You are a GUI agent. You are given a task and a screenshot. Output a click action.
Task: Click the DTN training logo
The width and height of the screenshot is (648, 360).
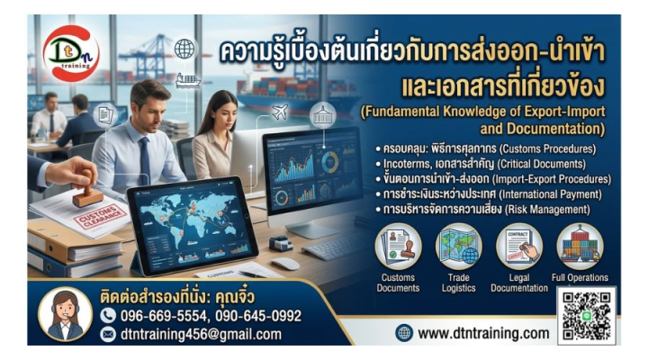71,53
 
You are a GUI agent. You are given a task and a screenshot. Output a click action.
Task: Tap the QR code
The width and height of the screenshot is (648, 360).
587,316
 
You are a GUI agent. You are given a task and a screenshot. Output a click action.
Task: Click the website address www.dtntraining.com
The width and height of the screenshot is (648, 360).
483,333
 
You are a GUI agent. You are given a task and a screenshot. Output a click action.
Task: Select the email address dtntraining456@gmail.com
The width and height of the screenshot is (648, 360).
201,335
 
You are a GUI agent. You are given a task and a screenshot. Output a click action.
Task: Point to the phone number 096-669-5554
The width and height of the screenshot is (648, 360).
164,316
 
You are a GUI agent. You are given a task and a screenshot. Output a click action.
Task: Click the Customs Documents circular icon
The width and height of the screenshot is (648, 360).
398,247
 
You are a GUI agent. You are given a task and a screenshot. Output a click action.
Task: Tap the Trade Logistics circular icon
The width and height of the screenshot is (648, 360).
458,247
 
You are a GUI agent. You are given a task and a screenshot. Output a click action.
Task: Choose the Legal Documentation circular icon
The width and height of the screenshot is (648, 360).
519,247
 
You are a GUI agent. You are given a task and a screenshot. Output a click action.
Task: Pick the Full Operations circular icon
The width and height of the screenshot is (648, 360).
580,247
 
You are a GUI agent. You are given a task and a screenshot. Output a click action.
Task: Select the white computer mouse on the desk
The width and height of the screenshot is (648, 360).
285,264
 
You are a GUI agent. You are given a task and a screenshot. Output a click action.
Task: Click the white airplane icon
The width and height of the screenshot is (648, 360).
280,112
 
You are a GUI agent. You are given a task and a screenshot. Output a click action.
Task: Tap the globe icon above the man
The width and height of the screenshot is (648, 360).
184,49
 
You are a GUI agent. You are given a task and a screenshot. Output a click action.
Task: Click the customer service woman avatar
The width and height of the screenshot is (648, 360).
66,315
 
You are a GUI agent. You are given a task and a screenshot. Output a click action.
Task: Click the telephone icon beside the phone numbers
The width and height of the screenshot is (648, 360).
108,316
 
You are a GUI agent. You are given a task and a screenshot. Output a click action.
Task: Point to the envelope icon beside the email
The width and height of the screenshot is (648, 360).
108,335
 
